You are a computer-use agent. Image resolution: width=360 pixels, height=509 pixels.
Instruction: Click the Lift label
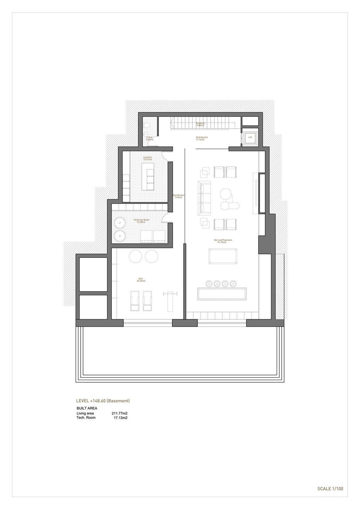click(250, 137)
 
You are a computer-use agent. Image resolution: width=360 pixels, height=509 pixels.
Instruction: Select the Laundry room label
click(147, 158)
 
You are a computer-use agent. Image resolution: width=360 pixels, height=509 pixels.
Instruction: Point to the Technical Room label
click(141, 221)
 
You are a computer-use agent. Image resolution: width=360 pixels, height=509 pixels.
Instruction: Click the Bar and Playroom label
click(223, 241)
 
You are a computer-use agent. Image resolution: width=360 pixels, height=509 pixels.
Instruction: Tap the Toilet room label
click(149, 138)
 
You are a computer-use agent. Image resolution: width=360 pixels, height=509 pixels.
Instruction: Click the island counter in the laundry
click(148, 179)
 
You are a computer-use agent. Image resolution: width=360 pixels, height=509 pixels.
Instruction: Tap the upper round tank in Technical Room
click(119, 222)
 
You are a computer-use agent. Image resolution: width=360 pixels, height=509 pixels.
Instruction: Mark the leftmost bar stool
click(209, 283)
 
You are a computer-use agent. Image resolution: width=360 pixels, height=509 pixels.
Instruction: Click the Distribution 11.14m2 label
click(202, 138)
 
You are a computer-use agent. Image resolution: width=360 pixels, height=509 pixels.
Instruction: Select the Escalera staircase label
click(200, 124)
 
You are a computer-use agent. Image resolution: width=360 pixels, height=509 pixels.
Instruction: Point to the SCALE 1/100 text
click(330, 489)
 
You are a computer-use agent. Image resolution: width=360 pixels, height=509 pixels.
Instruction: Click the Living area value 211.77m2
click(120, 413)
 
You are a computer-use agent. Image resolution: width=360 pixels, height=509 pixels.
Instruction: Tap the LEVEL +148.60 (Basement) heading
click(103, 401)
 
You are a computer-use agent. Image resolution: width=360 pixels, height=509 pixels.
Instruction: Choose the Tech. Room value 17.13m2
click(121, 418)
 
